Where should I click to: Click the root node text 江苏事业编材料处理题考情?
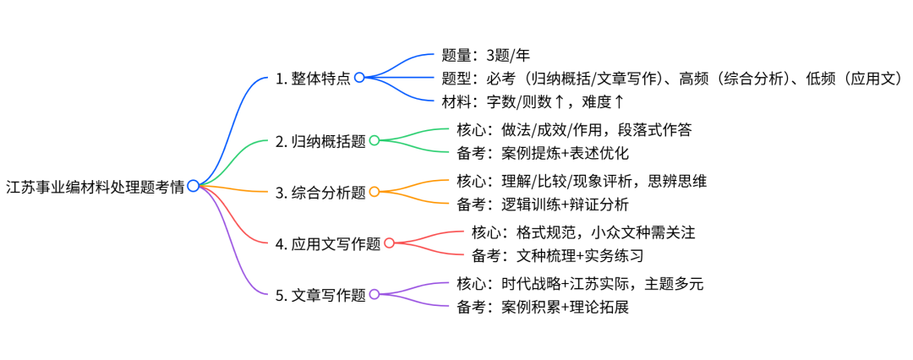pyautogui.click(x=95, y=186)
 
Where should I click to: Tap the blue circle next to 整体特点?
pyautogui.click(x=359, y=78)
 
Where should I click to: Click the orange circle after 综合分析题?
pyautogui.click(x=374, y=192)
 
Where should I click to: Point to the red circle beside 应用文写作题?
pyautogui.click(x=389, y=243)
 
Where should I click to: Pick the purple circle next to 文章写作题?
pyautogui.click(x=374, y=295)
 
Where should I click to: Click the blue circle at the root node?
pyautogui.click(x=194, y=186)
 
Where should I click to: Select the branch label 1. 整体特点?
pyautogui.click(x=314, y=78)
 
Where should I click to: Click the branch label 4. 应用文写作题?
pyautogui.click(x=329, y=243)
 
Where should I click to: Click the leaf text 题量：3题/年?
pyautogui.click(x=485, y=57)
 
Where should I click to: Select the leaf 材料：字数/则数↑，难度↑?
pyautogui.click(x=533, y=102)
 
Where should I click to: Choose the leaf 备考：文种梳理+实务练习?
pyautogui.click(x=557, y=255)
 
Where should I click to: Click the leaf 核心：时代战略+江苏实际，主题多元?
pyautogui.click(x=579, y=283)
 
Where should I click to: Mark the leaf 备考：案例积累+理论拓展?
pyautogui.click(x=542, y=307)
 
